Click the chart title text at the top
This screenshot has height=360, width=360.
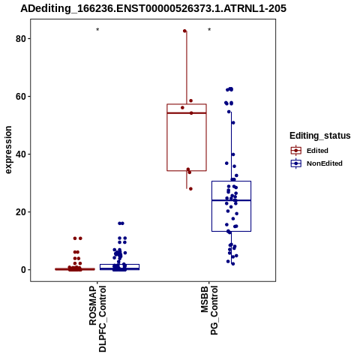(x=153, y=8)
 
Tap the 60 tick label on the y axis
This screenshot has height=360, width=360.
(x=20, y=96)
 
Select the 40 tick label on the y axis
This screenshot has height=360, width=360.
(x=20, y=154)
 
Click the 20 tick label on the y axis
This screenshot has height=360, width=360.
(x=20, y=212)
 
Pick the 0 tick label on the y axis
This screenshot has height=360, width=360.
(x=23, y=270)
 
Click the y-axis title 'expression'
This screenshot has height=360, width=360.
(x=8, y=150)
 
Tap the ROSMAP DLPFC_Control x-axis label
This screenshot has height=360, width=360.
(x=97, y=319)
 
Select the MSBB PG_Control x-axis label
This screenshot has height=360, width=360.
(x=209, y=310)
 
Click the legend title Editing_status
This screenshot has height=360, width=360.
(x=320, y=136)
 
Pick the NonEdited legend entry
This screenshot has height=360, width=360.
(x=316, y=163)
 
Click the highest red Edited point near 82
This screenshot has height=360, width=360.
(x=184, y=31)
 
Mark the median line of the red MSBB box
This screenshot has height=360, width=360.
(x=187, y=113)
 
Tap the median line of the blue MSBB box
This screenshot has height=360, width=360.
(x=231, y=200)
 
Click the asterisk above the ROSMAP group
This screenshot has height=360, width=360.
(x=97, y=29)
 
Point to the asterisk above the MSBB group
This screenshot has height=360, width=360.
(x=209, y=29)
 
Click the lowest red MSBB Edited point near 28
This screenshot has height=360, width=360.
(x=190, y=189)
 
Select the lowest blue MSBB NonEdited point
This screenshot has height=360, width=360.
(x=233, y=264)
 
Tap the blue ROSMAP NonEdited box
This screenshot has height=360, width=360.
(x=119, y=267)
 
